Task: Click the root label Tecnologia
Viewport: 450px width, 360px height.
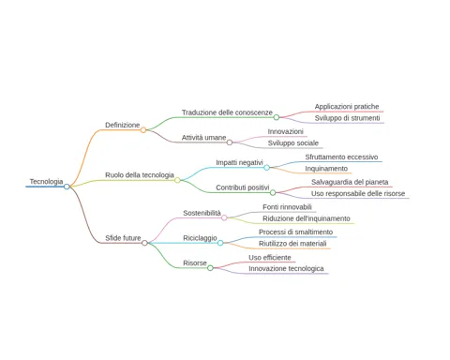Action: [x=46, y=182]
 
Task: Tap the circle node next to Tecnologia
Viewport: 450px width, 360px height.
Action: [x=67, y=187]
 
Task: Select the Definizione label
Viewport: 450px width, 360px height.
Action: [x=122, y=125]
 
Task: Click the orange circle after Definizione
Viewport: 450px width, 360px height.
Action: [x=143, y=130]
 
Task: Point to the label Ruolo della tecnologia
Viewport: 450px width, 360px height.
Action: [x=140, y=175]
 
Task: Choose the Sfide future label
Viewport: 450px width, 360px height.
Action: [x=123, y=238]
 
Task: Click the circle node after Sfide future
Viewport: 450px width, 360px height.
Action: [x=144, y=243]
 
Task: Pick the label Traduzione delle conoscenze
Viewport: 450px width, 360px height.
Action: [x=227, y=112]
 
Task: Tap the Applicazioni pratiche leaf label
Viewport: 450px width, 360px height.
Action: [x=347, y=107]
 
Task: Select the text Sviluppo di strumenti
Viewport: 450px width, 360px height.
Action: [x=347, y=118]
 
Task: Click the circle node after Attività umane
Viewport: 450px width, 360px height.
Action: [x=230, y=142]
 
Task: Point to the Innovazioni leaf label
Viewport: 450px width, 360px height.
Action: [x=285, y=131]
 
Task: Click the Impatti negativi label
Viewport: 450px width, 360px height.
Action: [x=239, y=162]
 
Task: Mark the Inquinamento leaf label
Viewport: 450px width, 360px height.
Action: [x=326, y=169]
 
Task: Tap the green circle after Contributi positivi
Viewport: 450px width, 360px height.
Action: [x=273, y=192]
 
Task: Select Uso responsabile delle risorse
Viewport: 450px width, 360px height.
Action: [x=358, y=194]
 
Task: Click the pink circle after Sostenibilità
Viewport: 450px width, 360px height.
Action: [x=224, y=217]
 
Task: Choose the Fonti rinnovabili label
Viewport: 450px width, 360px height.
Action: [x=287, y=207]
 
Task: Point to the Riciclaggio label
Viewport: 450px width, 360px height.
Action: [x=200, y=238]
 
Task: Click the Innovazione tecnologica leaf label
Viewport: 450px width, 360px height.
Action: [x=286, y=269]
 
